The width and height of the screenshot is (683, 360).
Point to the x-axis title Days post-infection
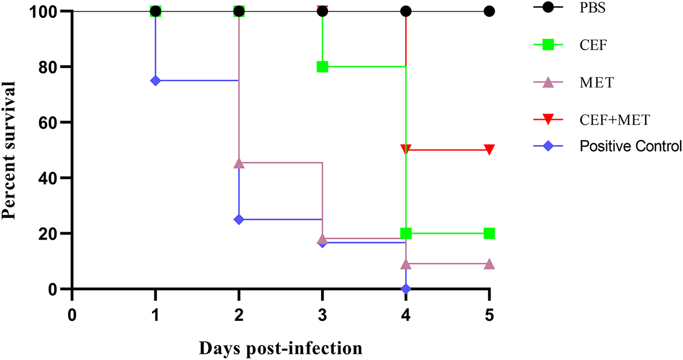click(281, 348)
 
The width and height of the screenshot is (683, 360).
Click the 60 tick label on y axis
click(49, 122)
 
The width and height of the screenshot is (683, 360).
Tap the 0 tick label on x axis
click(72, 315)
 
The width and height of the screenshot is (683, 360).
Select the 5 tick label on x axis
click(489, 315)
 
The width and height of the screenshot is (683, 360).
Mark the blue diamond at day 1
click(155, 81)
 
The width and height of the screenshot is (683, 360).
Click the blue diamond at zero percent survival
click(406, 289)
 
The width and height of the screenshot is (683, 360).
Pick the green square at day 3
click(322, 67)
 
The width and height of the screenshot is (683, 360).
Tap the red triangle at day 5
click(489, 150)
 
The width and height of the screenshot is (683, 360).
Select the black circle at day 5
click(489, 11)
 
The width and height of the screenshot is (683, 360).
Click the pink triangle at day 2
click(239, 163)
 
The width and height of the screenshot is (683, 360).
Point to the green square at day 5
click(489, 233)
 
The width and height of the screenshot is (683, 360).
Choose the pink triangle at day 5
click(489, 264)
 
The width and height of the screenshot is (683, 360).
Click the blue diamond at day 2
click(239, 219)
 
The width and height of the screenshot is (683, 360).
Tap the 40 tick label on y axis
click(49, 178)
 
